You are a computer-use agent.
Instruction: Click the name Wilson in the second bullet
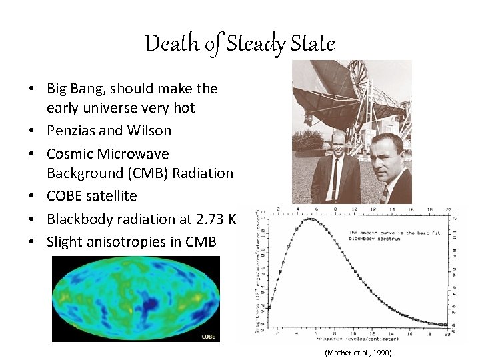[149, 131]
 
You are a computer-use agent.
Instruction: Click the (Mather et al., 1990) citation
[358, 352]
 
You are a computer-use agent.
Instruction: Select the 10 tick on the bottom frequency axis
[355, 331]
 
